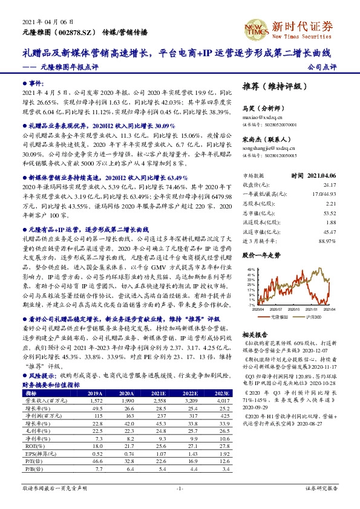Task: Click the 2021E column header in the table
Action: click(158, 392)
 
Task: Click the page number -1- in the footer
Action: click(180, 488)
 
